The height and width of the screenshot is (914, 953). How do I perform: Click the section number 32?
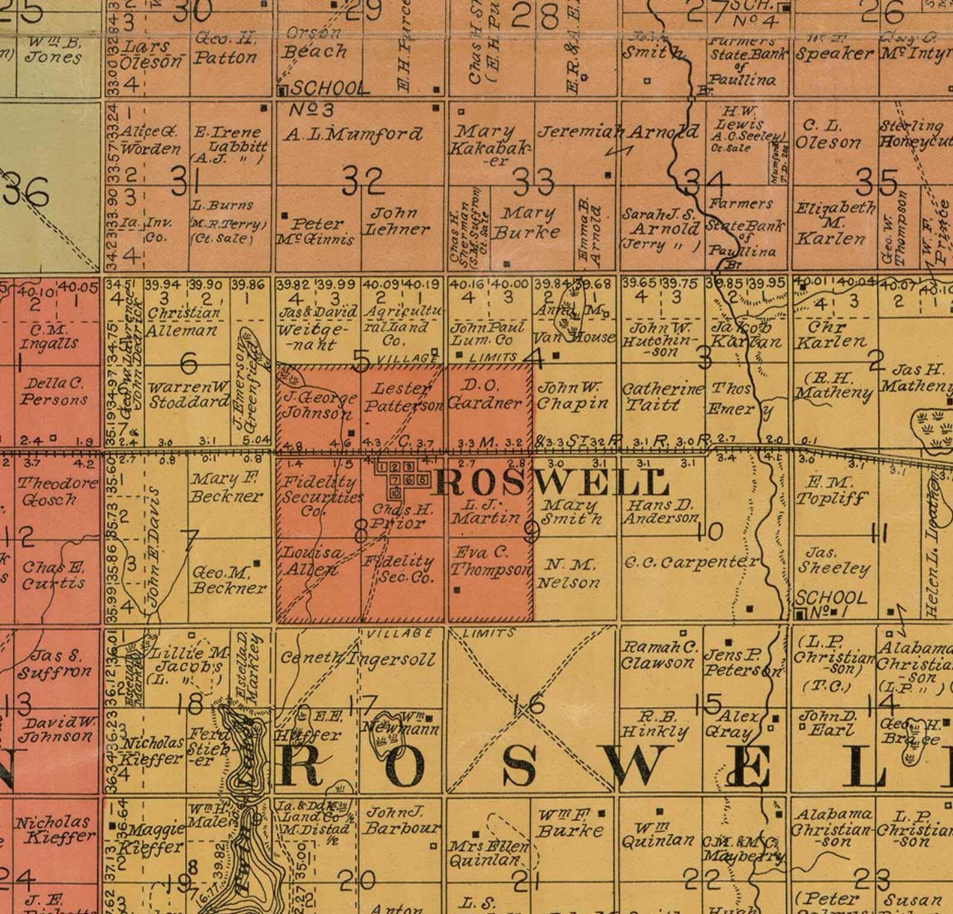[362, 181]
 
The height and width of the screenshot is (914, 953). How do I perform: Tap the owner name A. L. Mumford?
[353, 133]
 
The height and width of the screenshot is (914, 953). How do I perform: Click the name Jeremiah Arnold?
[618, 132]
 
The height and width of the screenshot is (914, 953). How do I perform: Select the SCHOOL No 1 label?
[831, 604]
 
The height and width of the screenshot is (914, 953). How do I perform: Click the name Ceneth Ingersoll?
[358, 659]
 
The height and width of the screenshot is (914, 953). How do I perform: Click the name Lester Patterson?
[402, 397]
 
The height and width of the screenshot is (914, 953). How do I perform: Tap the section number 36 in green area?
[28, 192]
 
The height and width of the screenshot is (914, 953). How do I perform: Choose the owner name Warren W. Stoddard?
[188, 395]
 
